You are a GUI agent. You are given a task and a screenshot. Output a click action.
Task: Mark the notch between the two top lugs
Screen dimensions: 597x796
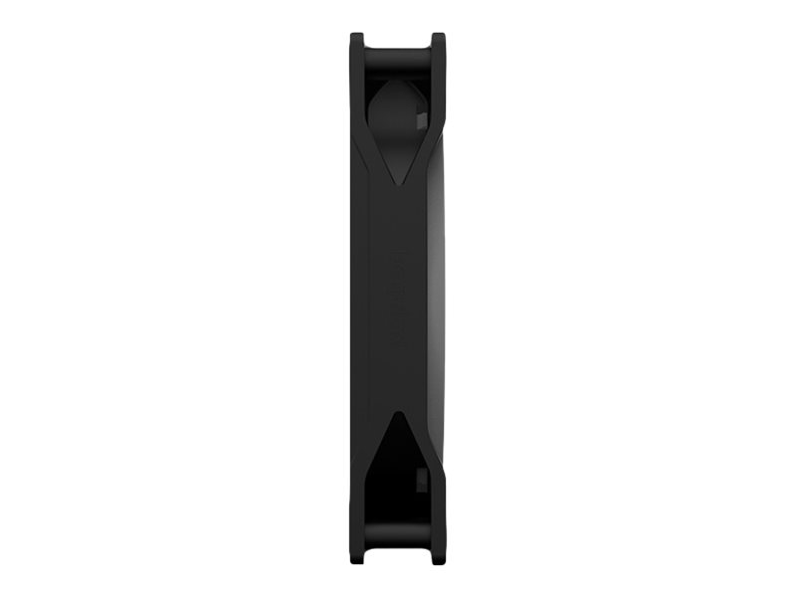click(398, 40)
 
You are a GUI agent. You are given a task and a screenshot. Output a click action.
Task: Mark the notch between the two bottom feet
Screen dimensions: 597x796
click(398, 556)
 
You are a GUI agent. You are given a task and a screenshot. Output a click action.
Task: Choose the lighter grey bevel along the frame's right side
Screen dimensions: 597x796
click(436, 298)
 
